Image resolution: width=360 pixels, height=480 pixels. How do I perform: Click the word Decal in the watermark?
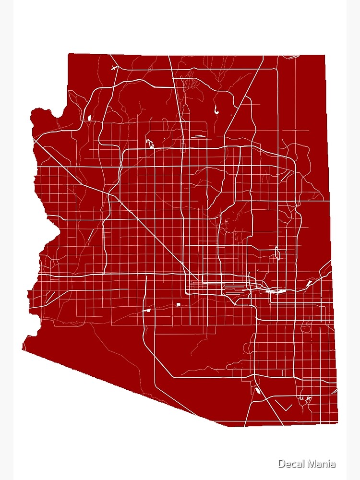pyautogui.click(x=290, y=464)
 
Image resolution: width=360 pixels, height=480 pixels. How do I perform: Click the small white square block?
pyautogui.click(x=178, y=304)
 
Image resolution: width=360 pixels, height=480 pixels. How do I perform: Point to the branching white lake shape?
pyautogui.click(x=149, y=143)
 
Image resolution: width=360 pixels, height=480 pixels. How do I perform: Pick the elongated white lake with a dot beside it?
pyautogui.click(x=216, y=109)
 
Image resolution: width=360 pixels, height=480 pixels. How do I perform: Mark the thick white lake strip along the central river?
pyautogui.click(x=276, y=291)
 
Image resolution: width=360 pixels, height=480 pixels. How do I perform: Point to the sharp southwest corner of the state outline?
pyautogui.click(x=23, y=349)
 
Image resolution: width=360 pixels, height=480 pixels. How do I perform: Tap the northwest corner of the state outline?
pyautogui.click(x=69, y=54)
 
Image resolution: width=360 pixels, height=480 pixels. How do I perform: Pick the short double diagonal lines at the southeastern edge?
pyautogui.click(x=334, y=392)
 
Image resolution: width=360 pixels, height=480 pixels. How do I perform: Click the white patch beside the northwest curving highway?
pyautogui.click(x=89, y=117)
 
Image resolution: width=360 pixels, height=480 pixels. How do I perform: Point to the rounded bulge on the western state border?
pyautogui.click(x=41, y=115)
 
